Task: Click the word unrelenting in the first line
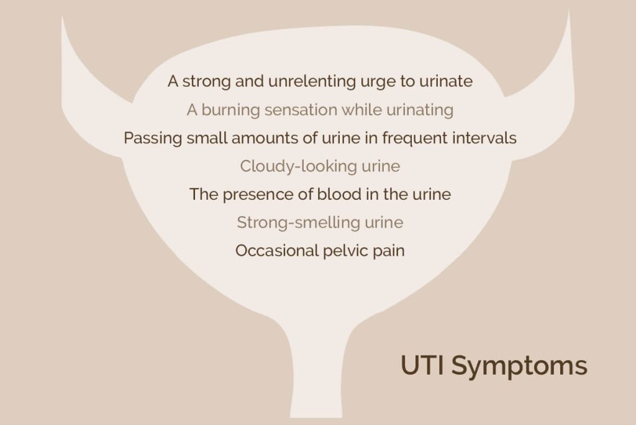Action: pyautogui.click(x=312, y=81)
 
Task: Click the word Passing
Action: pyautogui.click(x=153, y=139)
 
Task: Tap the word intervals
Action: pyautogui.click(x=484, y=138)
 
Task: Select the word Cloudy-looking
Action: pyautogui.click(x=299, y=167)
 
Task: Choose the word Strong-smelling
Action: pyautogui.click(x=298, y=223)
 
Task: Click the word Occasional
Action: pyautogui.click(x=277, y=251)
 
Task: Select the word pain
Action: pyautogui.click(x=389, y=251)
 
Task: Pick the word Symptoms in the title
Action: pyautogui.click(x=519, y=367)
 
